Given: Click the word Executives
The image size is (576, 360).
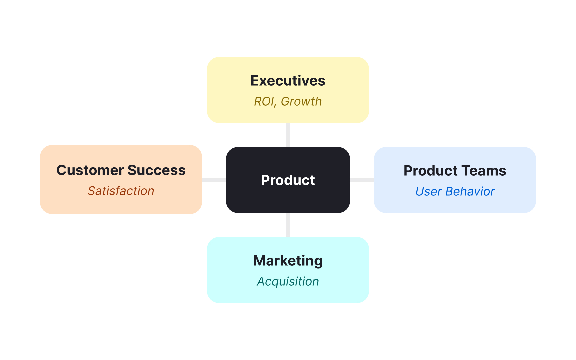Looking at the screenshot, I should click(288, 81).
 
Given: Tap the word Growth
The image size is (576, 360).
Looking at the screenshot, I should click(301, 101).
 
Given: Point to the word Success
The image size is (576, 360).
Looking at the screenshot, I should click(157, 170).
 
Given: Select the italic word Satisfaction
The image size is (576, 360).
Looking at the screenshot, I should click(121, 191).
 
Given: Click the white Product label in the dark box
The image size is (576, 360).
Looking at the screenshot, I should click(288, 180).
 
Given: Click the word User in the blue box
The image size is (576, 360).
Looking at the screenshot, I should click(428, 192).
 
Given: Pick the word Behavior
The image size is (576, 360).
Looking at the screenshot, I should click(470, 192).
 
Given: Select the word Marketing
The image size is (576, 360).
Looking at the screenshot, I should click(288, 261).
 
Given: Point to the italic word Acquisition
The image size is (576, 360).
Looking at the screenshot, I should click(288, 282).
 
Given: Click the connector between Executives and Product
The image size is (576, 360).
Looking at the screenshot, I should click(288, 135).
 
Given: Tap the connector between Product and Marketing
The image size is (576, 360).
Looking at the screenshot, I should click(288, 225).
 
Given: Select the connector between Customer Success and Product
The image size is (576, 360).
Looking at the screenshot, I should click(214, 180).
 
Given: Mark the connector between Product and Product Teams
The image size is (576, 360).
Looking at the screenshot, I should click(362, 180).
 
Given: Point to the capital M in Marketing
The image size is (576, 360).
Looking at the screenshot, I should click(260, 261).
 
